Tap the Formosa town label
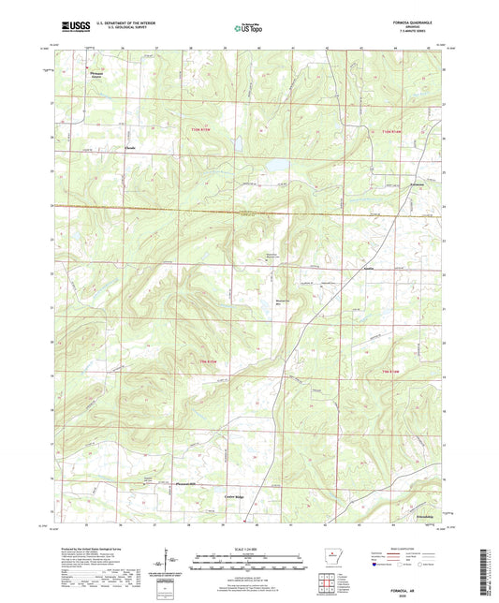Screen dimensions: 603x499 [394, 185]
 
